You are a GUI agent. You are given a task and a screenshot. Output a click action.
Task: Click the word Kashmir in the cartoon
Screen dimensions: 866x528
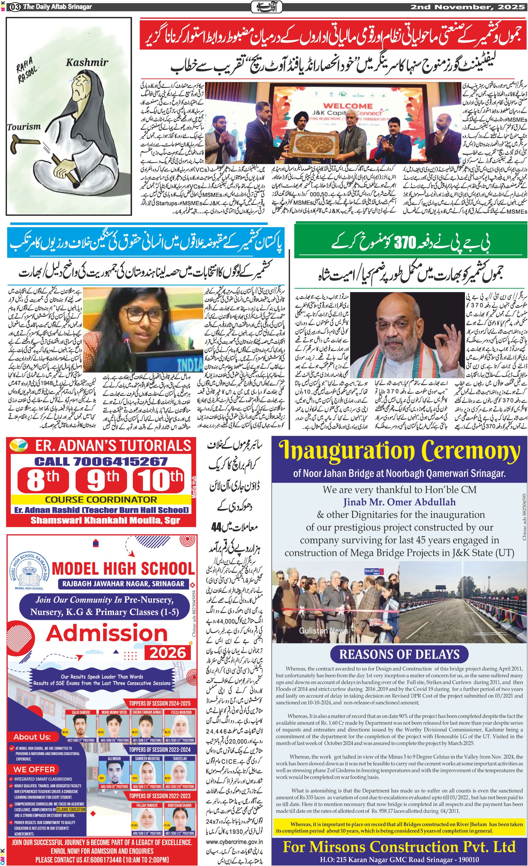pos(87,62)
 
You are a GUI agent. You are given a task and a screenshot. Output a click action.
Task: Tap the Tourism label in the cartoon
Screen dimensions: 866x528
pos(24,127)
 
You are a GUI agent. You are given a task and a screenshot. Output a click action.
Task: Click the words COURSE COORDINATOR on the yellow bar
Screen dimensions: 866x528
pos(101,499)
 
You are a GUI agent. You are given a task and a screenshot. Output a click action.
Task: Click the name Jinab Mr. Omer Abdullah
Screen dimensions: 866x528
pos(399,502)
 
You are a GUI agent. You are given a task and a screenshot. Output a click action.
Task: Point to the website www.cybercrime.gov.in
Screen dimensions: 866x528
pos(234,841)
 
